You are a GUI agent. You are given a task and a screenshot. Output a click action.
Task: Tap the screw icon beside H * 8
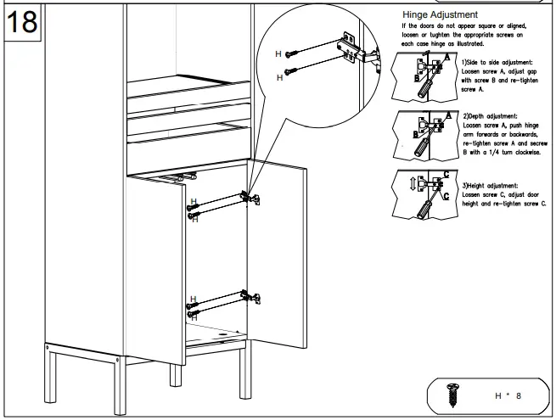click(x=452, y=395)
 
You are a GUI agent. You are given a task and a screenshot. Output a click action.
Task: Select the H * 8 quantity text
click(x=508, y=395)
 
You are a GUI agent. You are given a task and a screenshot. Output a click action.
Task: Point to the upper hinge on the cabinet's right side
click(x=250, y=197)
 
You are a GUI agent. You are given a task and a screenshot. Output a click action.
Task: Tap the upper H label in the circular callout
click(x=278, y=53)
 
